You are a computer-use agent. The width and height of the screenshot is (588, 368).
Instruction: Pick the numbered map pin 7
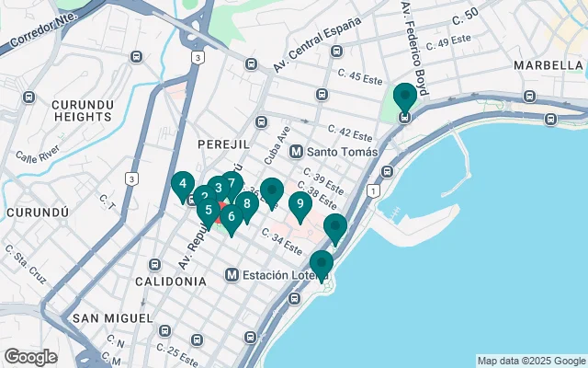[x=232, y=183]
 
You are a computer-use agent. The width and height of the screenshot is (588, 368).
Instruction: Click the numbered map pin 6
[x=231, y=218]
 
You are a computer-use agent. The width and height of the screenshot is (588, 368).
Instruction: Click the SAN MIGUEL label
[x=112, y=317]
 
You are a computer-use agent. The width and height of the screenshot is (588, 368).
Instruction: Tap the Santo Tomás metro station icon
[x=296, y=152]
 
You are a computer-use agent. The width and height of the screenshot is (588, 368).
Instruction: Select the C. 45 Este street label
[x=359, y=77]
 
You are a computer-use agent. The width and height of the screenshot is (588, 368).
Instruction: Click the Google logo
[x=30, y=357]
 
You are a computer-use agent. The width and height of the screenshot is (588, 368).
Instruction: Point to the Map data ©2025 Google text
[x=530, y=361]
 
